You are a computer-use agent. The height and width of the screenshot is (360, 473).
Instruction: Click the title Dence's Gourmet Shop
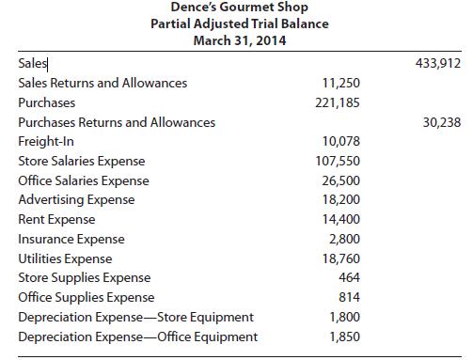point(240,9)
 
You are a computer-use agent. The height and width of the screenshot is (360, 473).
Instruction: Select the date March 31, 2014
point(240,41)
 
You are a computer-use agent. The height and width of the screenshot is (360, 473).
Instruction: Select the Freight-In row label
point(45,142)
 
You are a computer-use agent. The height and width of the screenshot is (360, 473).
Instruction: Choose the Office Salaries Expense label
point(83,180)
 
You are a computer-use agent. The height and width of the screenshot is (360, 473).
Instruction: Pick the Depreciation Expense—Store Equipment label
point(135,318)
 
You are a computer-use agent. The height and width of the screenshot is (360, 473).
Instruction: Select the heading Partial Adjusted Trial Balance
point(240,25)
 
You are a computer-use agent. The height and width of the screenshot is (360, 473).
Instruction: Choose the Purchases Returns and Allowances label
point(117,122)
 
